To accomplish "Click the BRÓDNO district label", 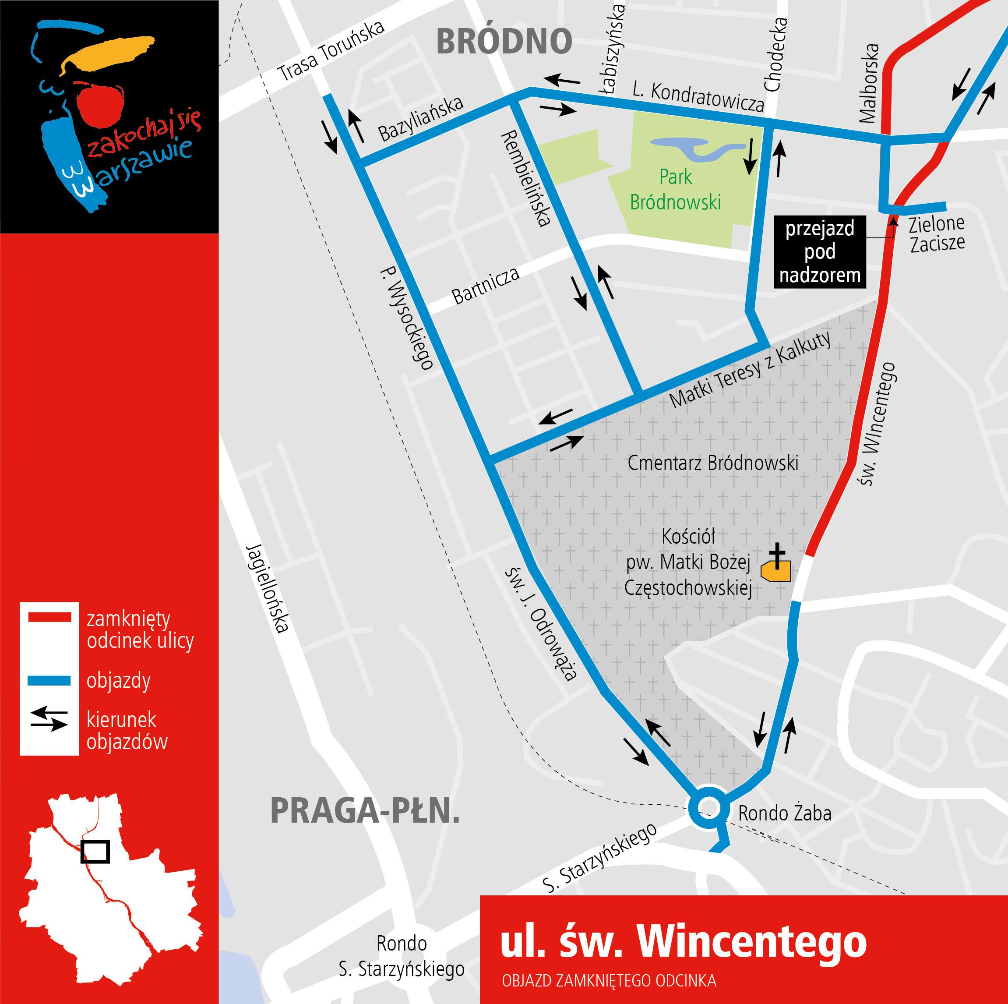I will point(504,41).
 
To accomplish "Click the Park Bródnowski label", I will point(675,189).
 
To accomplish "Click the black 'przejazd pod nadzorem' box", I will point(820,251).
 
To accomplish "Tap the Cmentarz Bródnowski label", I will point(713,463).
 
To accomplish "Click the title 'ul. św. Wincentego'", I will point(683,942).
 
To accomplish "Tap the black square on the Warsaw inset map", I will point(95,851).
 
